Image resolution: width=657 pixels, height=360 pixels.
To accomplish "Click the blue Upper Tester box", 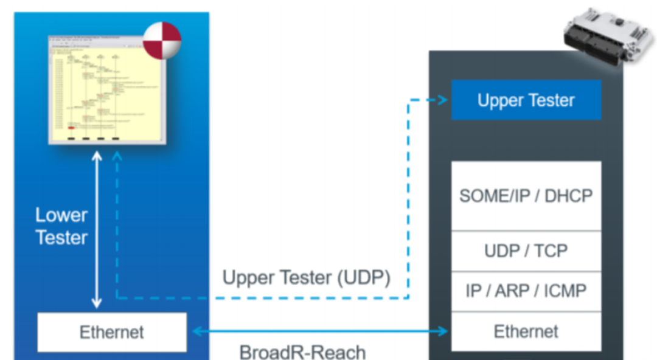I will pos(526,100).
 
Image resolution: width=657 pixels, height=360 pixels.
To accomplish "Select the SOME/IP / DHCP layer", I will pos(526,196).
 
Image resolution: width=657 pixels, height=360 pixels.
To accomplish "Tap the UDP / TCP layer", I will pos(526,251).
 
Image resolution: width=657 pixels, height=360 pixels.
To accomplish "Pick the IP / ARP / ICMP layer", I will pos(526,291).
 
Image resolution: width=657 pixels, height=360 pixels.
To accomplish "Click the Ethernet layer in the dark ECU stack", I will pos(526,331).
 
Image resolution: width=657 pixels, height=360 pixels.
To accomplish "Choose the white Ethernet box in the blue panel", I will pos(112,332).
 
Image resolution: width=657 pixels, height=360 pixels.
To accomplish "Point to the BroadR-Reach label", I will pos(302,352).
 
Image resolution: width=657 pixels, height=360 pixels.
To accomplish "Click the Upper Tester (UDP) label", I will pos(306,278).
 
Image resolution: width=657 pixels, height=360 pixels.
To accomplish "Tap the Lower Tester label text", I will pos(61,226).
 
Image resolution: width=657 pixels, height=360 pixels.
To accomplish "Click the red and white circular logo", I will pos(162,41).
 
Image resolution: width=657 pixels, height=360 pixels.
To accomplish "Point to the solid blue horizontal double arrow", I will pos(319,331).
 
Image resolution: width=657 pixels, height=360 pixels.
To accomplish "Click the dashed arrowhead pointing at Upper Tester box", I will pos(442,100).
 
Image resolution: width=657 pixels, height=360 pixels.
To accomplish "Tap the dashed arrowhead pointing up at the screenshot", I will pos(117,156).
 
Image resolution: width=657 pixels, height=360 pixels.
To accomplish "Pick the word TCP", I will pos(551,251).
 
